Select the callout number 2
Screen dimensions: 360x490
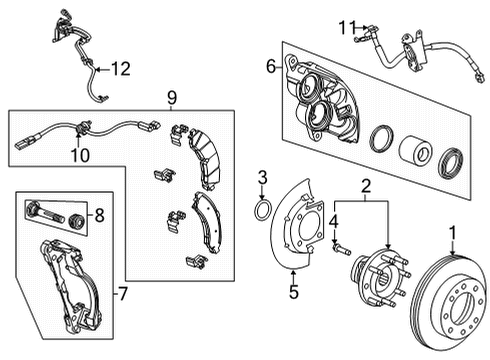click(367, 186)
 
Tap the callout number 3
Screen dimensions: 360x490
click(263, 179)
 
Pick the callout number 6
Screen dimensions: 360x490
click(270, 66)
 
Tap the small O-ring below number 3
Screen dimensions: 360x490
click(262, 210)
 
